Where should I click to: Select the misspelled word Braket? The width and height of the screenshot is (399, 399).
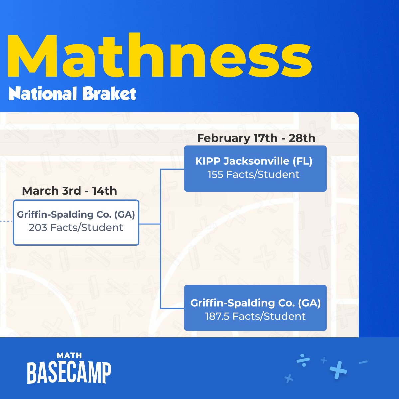pos(109,94)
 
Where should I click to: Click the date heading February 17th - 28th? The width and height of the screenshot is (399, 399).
pos(256,138)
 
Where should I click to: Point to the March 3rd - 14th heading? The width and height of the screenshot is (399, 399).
pos(69,191)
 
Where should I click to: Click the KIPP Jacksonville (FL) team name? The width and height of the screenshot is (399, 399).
pos(253,161)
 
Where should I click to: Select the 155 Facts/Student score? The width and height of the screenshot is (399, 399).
pos(253,175)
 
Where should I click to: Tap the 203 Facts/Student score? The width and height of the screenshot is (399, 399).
pos(76,228)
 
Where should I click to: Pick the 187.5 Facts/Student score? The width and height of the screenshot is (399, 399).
pos(255,316)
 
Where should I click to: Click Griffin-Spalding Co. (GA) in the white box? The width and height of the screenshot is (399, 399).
pos(76,215)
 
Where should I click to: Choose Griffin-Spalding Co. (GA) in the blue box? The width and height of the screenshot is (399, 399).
pos(255,303)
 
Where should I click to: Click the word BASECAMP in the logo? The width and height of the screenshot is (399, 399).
pos(69,373)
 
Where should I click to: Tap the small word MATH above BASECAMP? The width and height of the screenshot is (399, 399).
pos(69,356)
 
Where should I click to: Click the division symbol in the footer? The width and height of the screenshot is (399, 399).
pos(303,360)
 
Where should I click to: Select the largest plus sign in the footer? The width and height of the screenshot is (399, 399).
pos(338,370)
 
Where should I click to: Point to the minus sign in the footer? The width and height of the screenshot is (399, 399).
pos(363,362)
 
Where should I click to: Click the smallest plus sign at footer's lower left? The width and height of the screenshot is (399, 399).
pos(289,378)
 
